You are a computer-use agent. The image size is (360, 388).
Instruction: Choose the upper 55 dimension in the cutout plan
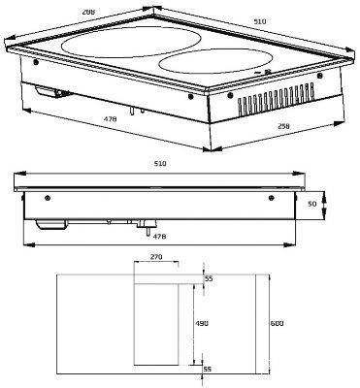(x=209, y=278)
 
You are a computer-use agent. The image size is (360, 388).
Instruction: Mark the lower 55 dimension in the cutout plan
(x=209, y=370)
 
